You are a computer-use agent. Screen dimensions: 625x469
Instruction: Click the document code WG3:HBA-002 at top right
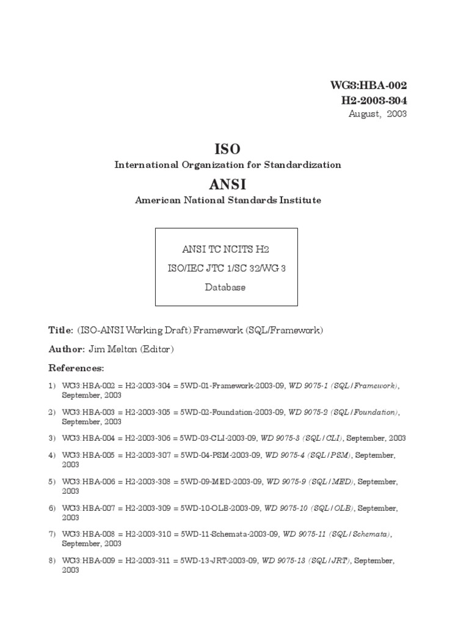click(368, 86)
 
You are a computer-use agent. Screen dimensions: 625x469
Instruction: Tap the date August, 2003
click(378, 114)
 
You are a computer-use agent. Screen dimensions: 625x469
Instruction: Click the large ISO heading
click(227, 148)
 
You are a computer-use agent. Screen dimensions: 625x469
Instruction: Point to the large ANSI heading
click(227, 184)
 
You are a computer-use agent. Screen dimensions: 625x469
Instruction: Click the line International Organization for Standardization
click(228, 165)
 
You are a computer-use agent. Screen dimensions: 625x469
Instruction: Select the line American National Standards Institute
click(228, 200)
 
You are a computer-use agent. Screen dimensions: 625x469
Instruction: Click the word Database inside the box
click(225, 287)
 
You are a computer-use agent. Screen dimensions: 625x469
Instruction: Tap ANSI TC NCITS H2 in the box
click(226, 249)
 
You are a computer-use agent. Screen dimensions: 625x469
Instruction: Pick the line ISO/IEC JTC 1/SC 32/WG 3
click(226, 269)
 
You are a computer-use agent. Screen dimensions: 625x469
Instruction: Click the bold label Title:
click(60, 330)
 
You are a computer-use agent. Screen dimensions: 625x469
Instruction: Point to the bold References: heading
click(76, 368)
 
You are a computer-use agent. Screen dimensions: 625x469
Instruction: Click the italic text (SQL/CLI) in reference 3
click(324, 438)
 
